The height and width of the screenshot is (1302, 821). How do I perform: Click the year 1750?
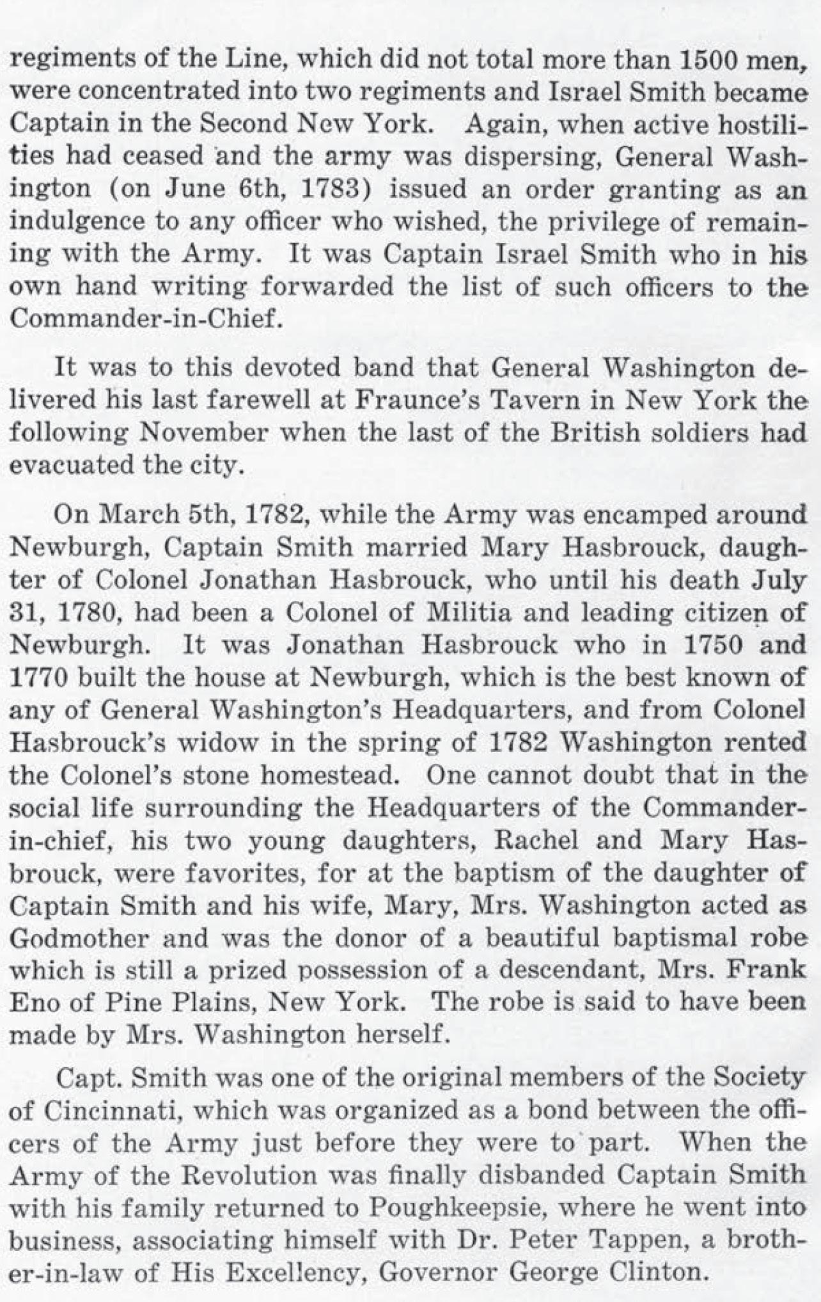click(721, 644)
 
